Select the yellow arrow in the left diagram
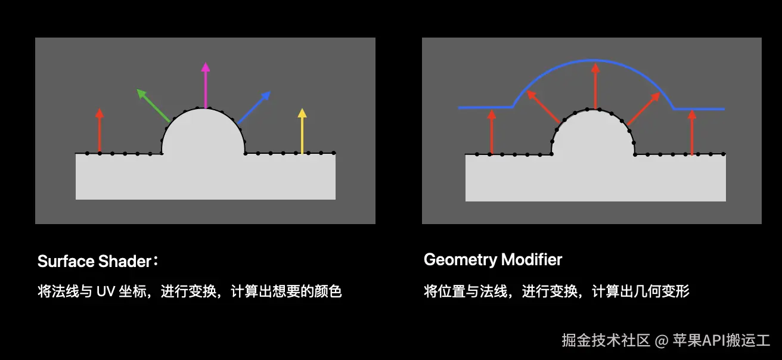pos(302,131)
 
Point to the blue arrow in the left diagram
pos(255,107)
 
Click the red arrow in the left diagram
pos(100,131)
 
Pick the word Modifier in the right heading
pos(532,260)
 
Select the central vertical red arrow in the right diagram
pos(595,86)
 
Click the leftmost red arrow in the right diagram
pos(491,132)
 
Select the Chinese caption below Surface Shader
pos(190,292)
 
